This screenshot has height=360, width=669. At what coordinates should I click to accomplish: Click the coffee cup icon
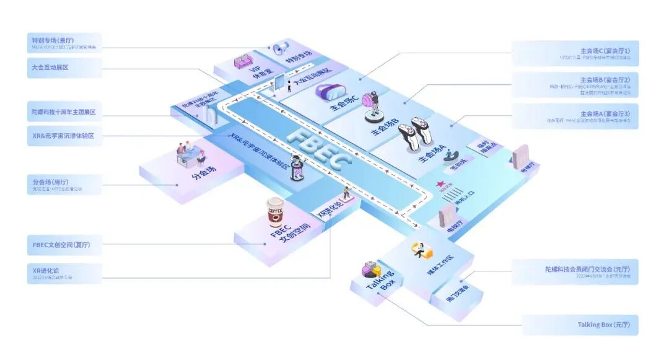275,213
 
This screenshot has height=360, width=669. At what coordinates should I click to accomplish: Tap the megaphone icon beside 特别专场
281,47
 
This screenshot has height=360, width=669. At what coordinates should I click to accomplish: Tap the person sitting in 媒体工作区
419,250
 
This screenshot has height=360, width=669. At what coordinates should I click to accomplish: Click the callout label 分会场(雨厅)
57,184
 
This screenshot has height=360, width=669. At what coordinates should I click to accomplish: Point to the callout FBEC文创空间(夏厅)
62,244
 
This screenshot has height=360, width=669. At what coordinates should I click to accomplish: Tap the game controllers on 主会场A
414,134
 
